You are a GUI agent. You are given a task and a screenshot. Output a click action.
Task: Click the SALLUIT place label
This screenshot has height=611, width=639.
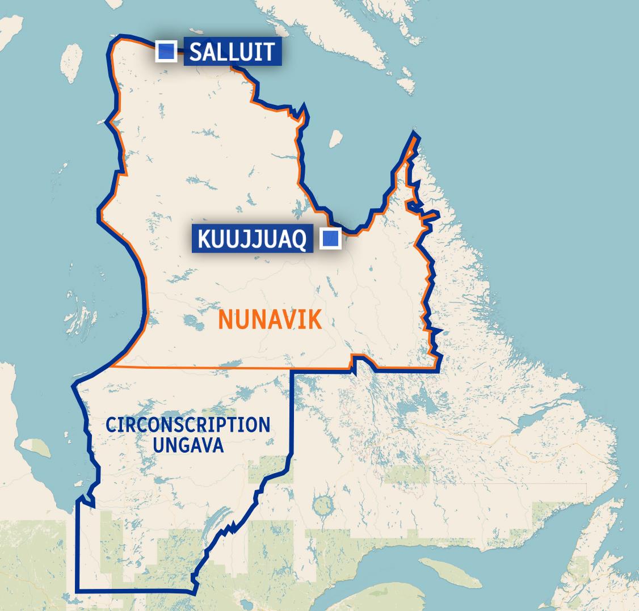(232, 52)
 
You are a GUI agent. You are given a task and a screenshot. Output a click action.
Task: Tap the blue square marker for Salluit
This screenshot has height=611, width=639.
(166, 52)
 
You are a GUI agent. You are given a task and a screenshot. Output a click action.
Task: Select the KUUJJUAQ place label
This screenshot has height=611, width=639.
(252, 239)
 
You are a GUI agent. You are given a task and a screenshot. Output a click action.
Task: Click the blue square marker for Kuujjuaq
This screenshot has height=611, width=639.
(331, 239)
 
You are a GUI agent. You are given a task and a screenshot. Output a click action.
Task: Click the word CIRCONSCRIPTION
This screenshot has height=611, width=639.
(188, 425)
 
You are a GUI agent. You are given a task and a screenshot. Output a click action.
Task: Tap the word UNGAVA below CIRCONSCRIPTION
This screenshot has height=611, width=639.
(188, 445)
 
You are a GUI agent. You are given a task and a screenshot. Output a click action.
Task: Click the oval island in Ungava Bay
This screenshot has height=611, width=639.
(336, 138)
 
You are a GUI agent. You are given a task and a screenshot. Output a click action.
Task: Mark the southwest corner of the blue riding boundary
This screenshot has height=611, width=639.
(77, 591)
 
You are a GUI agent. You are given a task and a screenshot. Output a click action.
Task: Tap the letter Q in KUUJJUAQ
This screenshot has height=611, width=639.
(299, 240)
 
